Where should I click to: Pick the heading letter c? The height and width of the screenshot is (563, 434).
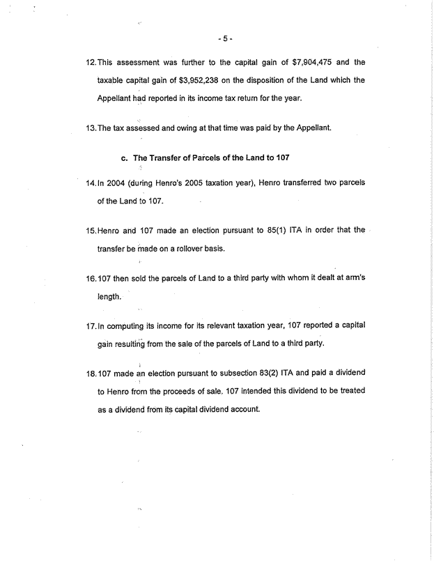(125, 158)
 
